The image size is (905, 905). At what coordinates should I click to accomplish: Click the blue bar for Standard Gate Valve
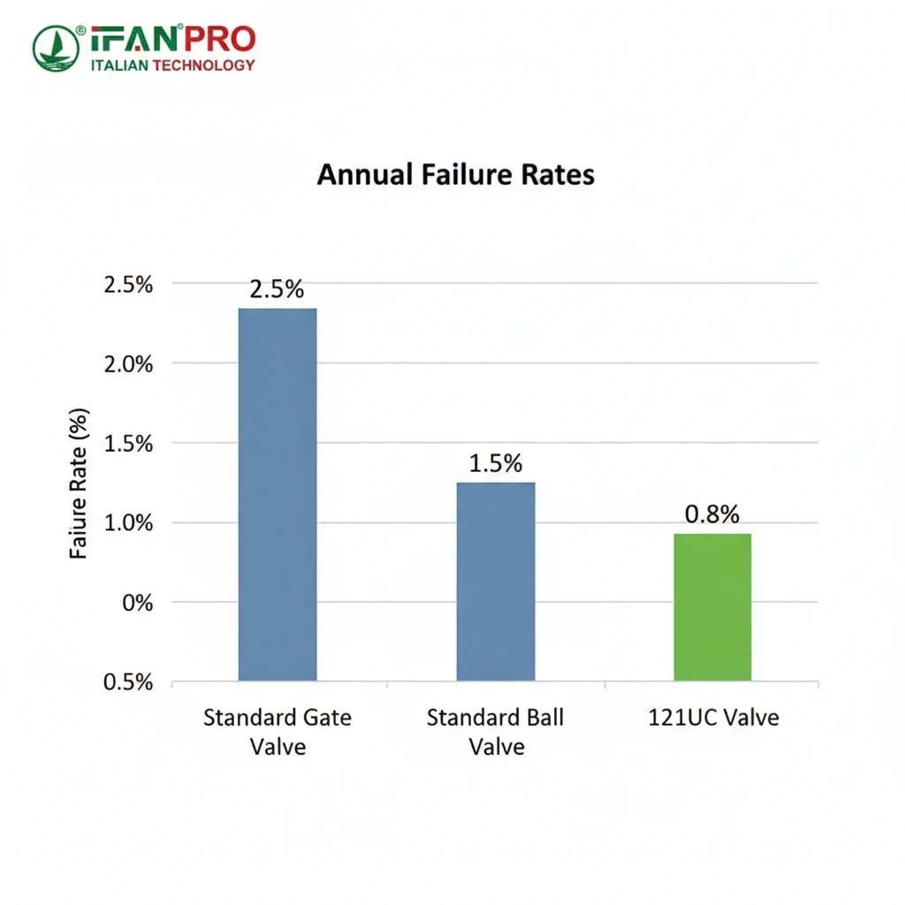[x=278, y=494]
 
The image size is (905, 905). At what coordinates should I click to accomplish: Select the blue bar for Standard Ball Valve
[x=495, y=581]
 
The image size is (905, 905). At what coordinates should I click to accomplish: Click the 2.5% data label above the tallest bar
[x=278, y=290]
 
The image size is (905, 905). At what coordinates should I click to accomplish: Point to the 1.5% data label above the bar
[x=495, y=463]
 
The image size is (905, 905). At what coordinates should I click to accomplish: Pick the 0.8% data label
[x=712, y=514]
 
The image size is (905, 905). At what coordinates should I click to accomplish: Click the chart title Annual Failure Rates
[x=455, y=175]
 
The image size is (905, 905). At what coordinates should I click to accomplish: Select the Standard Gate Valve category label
[x=278, y=731]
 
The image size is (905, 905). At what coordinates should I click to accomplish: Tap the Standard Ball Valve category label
[x=495, y=731]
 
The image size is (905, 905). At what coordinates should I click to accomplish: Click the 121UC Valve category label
[x=712, y=717]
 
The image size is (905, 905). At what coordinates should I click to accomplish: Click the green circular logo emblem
[x=57, y=49]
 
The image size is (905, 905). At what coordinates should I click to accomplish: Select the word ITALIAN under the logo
[x=121, y=65]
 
